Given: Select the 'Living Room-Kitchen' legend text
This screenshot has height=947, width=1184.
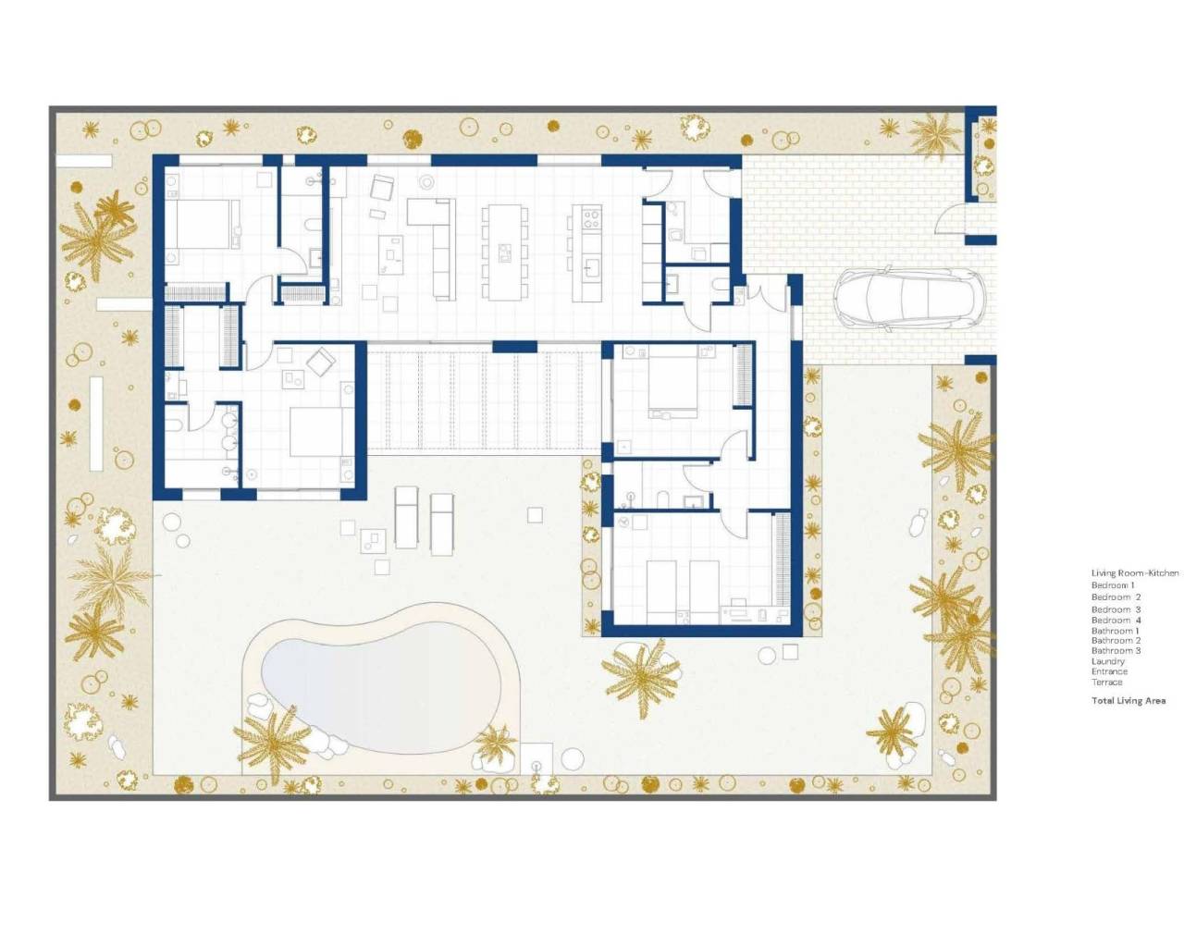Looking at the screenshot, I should tap(1135, 573).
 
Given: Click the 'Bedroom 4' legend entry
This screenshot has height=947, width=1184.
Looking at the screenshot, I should tap(1116, 621).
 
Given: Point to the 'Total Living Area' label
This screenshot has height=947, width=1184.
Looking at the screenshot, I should tap(1128, 701).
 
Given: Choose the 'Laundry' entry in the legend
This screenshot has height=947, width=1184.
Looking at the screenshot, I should tap(1108, 661).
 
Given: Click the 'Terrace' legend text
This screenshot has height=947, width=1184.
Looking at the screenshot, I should tap(1107, 683).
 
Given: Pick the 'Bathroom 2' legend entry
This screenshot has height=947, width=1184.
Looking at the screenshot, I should tap(1116, 641).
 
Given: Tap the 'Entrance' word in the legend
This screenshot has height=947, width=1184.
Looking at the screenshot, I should tap(1109, 671).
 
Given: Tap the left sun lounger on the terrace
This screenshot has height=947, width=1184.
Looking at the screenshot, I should tap(407, 516).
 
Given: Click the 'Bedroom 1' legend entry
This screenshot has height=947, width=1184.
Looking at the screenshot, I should tap(1113, 585).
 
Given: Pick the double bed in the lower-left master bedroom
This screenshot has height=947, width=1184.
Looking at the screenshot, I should tap(317, 432).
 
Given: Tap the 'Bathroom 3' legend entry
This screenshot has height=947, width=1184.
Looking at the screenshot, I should tap(1116, 651).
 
